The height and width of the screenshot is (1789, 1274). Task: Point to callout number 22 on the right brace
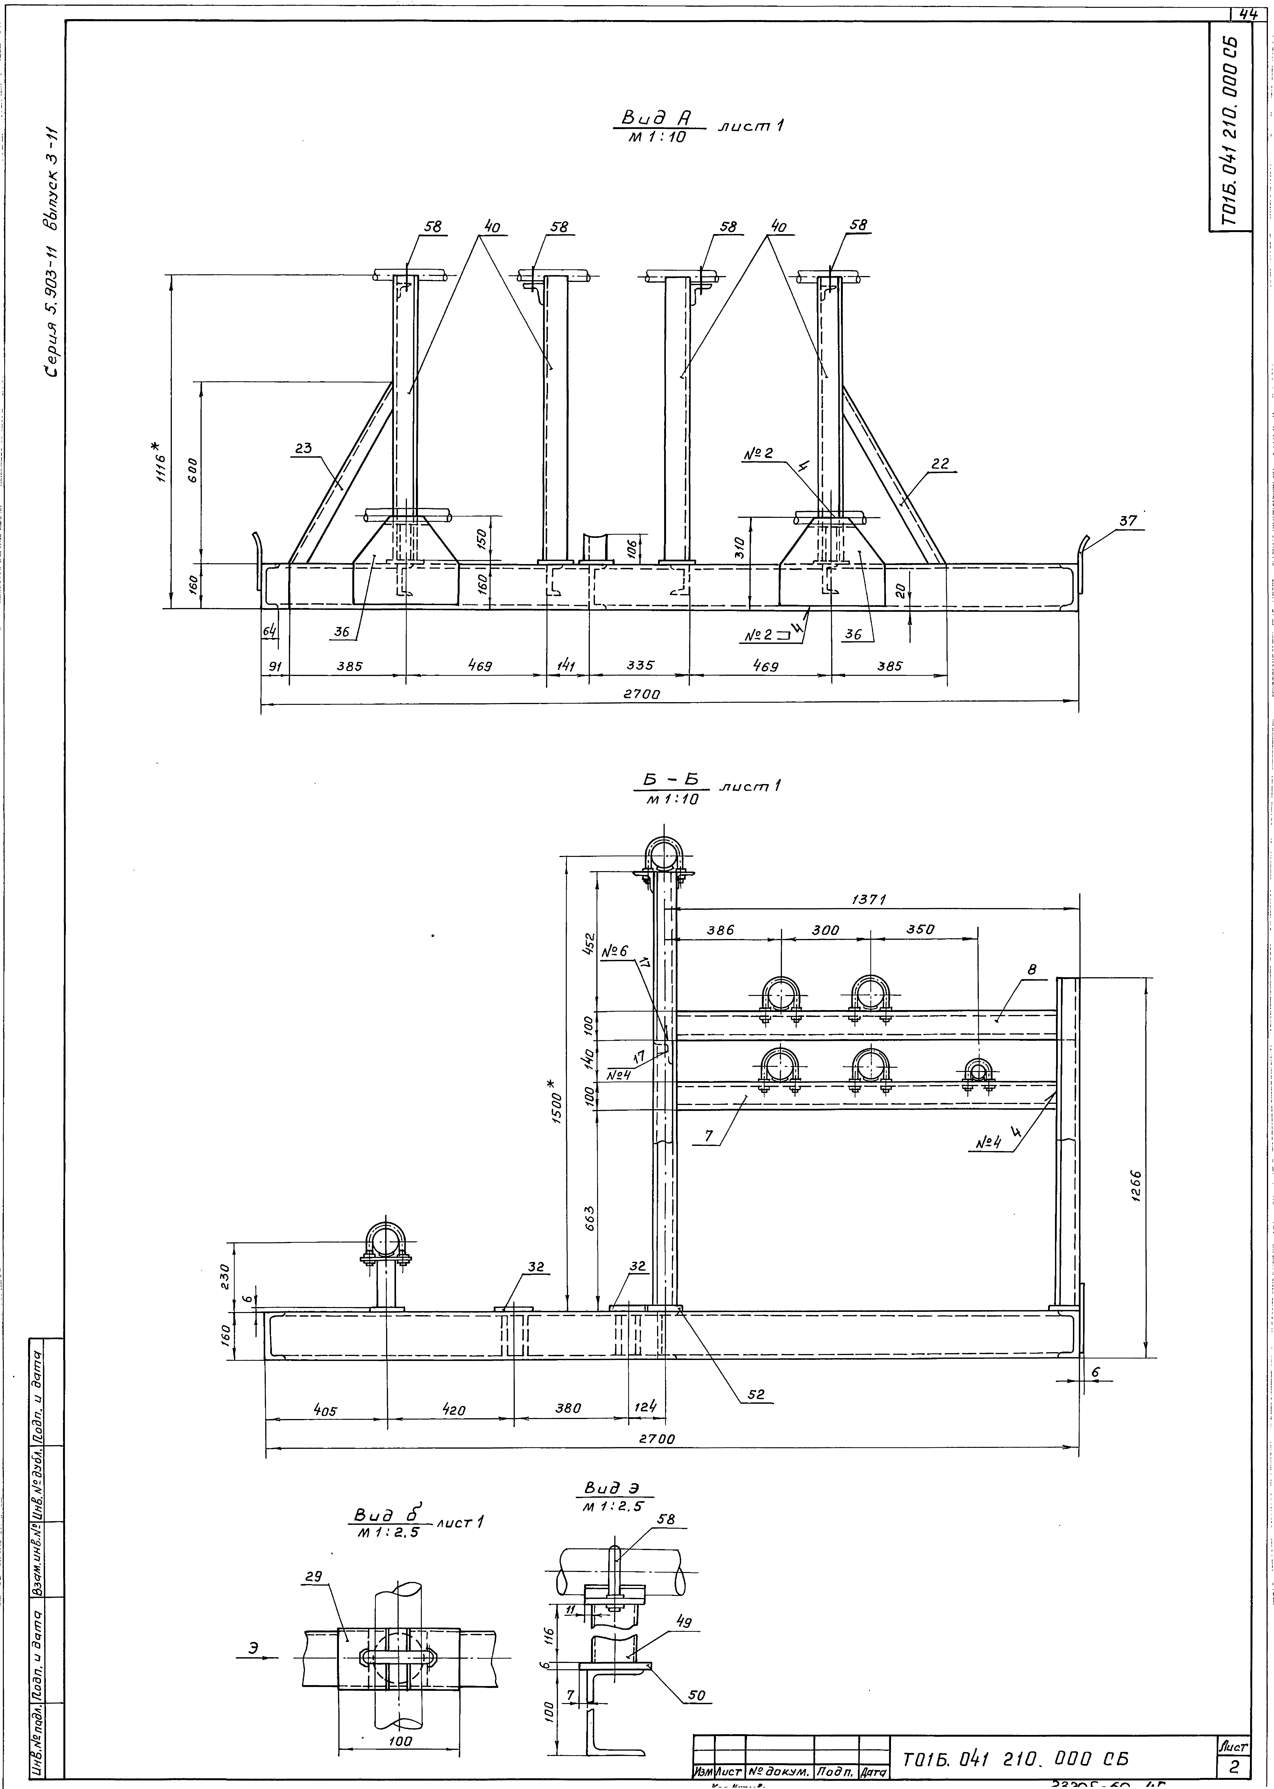coord(940,464)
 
